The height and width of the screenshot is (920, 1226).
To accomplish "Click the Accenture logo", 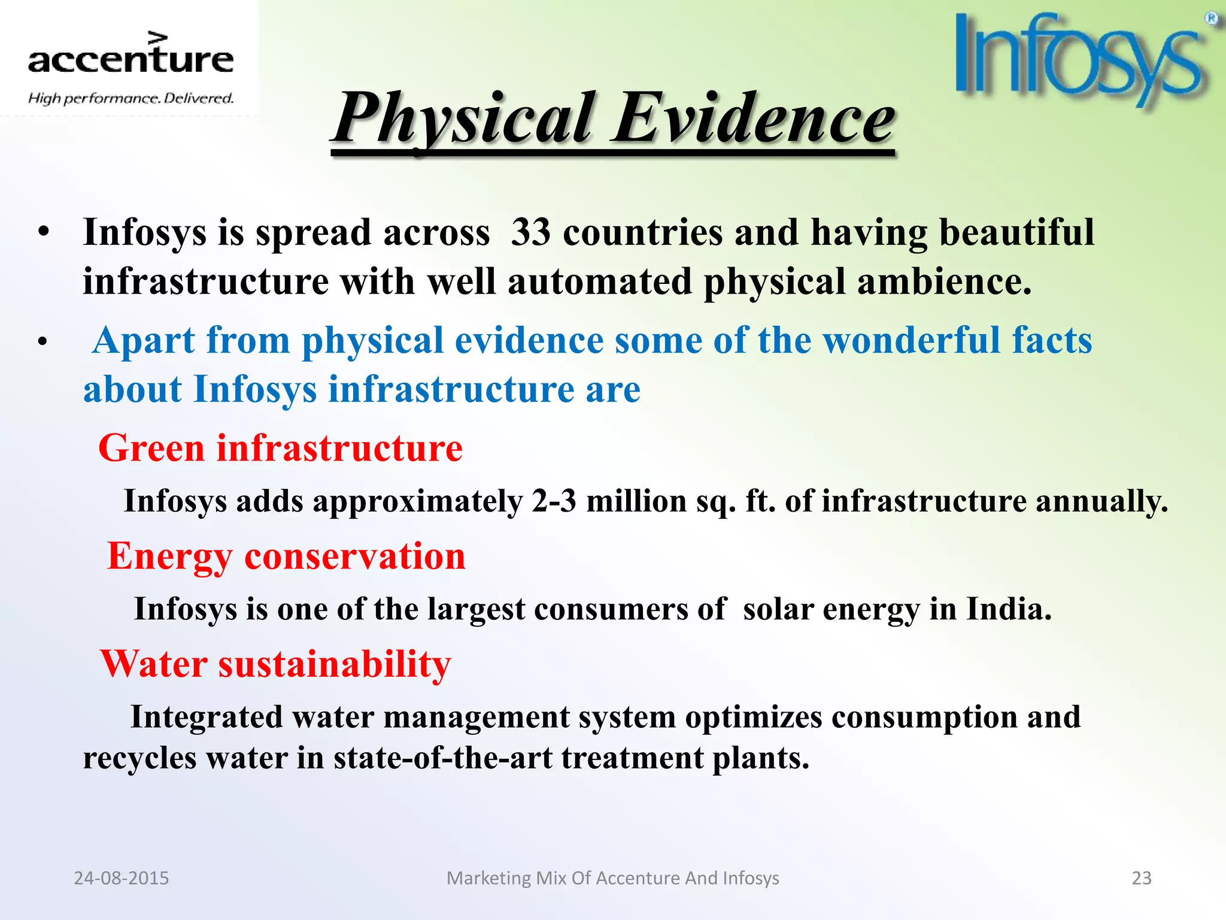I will [131, 57].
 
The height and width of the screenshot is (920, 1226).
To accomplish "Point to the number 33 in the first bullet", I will [530, 232].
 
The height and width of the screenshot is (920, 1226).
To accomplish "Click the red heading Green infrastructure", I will [280, 448].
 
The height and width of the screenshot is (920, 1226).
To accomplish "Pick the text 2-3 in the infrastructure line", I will [554, 501].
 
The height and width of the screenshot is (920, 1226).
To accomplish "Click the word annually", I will [1101, 502].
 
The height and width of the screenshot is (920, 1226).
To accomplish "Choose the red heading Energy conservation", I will [286, 556].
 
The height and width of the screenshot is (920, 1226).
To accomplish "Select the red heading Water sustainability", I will [275, 664].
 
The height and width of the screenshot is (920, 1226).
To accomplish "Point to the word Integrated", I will [207, 717].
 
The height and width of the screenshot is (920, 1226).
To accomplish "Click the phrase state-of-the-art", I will [442, 758].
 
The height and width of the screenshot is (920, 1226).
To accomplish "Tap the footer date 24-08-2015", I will [122, 878].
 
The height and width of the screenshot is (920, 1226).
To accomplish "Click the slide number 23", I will [1142, 878].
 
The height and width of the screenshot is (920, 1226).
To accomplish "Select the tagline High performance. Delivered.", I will [131, 98].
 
